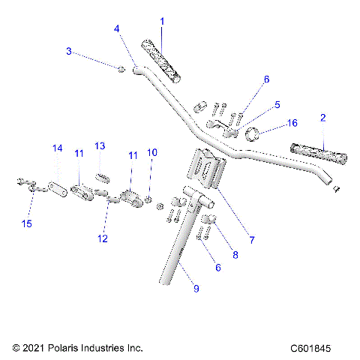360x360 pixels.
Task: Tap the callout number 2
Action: click(322, 118)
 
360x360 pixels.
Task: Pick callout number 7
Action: click(252, 241)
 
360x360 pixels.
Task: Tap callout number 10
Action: click(152, 152)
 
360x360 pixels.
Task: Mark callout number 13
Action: click(100, 145)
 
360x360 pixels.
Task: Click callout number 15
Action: click(28, 224)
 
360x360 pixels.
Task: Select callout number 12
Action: click(103, 238)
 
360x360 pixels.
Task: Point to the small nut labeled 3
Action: click(120, 69)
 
